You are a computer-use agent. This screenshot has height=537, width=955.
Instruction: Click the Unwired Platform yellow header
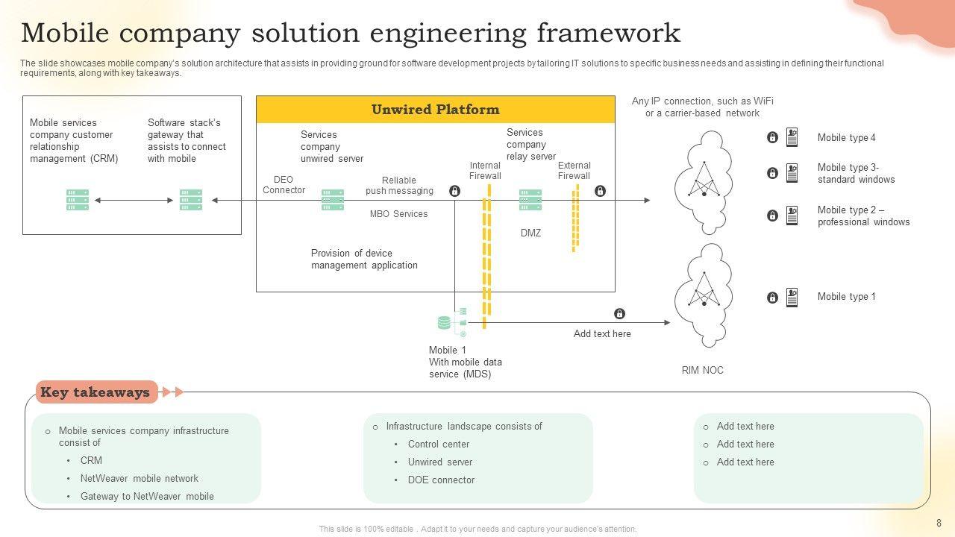[436, 110]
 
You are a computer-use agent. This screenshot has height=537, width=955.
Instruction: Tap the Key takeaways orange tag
[96, 392]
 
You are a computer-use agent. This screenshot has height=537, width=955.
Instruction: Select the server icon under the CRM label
[78, 200]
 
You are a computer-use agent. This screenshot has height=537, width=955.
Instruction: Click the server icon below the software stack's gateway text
[191, 200]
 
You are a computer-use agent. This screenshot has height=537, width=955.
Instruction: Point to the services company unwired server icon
[333, 200]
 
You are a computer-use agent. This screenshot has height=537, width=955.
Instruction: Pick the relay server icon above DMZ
[530, 200]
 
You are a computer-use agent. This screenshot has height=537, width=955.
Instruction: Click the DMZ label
[530, 233]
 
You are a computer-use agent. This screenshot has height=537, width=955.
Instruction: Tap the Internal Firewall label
[485, 171]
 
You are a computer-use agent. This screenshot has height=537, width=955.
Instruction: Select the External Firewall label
[574, 171]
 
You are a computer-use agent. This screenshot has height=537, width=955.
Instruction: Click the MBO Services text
[398, 214]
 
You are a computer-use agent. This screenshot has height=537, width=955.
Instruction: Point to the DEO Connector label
[284, 185]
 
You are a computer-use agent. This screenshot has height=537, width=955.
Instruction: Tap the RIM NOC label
[702, 371]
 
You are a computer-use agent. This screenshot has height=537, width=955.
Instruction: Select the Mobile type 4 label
[846, 138]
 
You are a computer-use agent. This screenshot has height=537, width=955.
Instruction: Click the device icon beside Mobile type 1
[792, 298]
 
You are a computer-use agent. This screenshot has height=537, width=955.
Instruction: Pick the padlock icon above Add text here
[619, 314]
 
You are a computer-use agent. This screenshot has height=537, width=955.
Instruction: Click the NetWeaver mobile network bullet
[140, 479]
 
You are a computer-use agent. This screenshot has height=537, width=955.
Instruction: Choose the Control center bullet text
[439, 445]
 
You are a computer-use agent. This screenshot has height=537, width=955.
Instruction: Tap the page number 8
[939, 524]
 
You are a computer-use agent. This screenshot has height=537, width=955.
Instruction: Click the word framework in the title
[607, 34]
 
